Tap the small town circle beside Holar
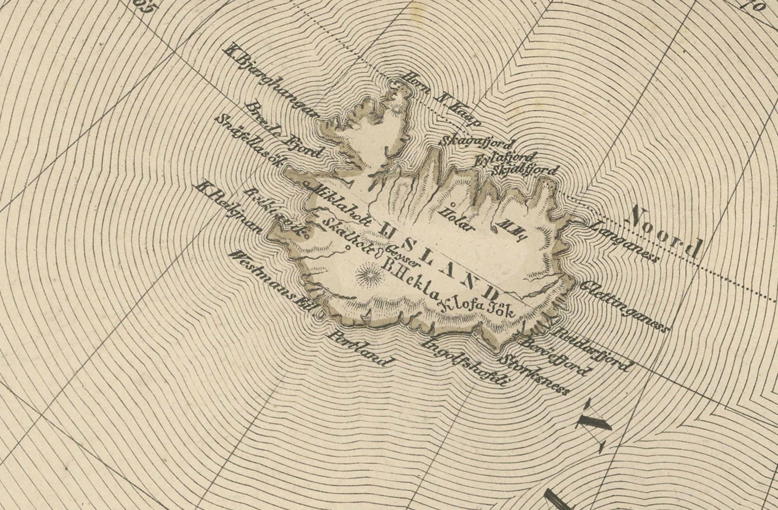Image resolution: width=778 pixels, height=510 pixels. [453, 205]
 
